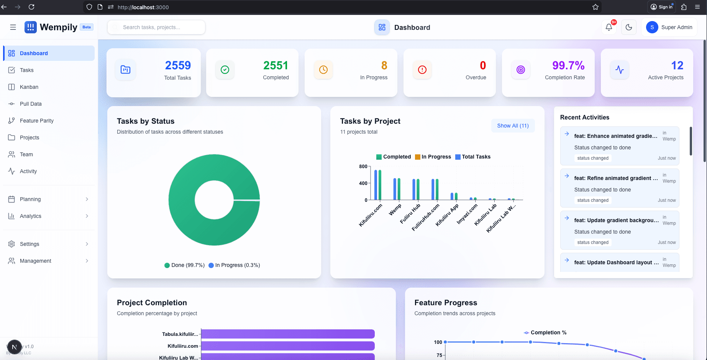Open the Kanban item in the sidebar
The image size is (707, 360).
[29, 87]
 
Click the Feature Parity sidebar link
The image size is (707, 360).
[36, 121]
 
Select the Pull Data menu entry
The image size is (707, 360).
[30, 104]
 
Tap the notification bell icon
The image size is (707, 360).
[609, 27]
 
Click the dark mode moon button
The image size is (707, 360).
[628, 27]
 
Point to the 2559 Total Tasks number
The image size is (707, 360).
[178, 65]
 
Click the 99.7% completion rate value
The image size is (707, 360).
[568, 65]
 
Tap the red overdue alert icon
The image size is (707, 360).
[422, 70]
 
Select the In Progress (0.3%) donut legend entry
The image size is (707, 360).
[234, 265]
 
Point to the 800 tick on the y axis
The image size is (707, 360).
[363, 166]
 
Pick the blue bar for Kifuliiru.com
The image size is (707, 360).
[376, 185]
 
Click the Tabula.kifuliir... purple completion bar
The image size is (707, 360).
[287, 334]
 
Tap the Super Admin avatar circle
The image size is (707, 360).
[652, 27]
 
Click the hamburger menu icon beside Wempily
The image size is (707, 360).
[13, 27]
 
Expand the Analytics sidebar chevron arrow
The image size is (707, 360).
[87, 216]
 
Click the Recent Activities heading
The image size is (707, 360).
[584, 117]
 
